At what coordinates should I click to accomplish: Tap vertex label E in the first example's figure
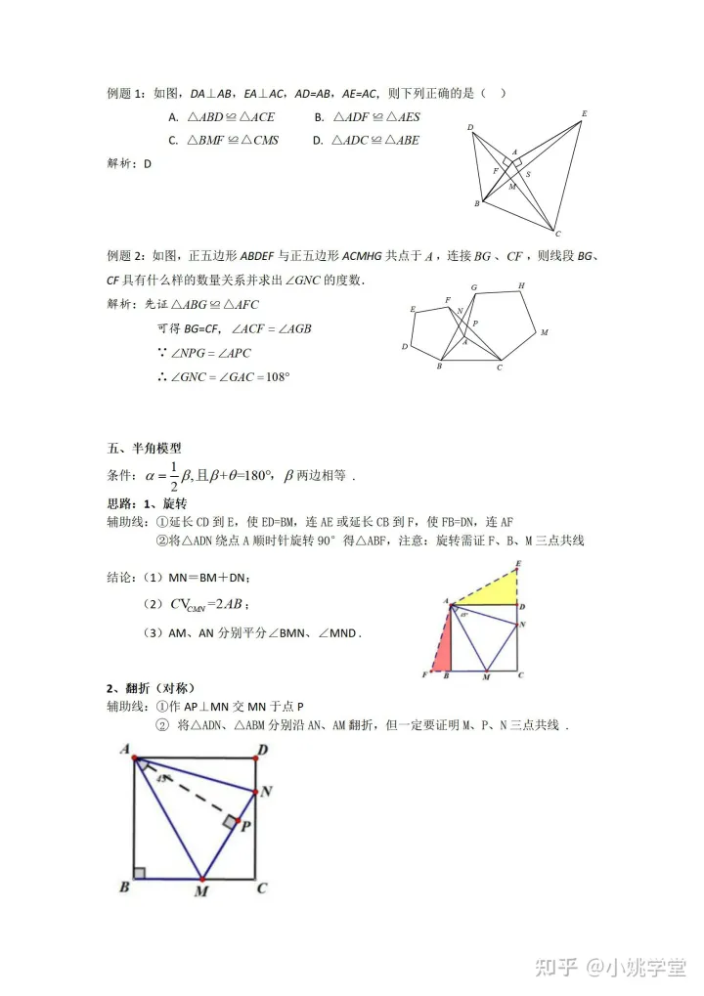click(584, 114)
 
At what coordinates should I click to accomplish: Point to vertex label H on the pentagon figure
click(521, 285)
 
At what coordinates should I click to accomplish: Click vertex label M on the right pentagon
click(544, 332)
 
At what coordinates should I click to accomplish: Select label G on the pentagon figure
click(473, 287)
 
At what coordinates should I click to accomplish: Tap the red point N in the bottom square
click(257, 791)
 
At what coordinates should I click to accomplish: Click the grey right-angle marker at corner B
click(139, 872)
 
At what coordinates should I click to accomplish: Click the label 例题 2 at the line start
click(126, 256)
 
